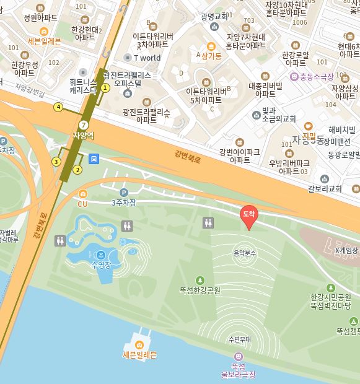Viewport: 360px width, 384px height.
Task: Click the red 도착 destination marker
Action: tap(248, 215)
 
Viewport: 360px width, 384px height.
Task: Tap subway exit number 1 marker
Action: tap(105, 88)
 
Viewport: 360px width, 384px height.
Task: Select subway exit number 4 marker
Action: tap(58, 107)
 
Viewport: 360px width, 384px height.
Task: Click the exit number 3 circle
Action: tap(56, 162)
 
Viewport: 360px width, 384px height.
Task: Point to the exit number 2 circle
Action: tap(77, 170)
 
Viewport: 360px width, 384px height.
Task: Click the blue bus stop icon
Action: tap(94, 159)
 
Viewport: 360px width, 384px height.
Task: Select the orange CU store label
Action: tap(82, 203)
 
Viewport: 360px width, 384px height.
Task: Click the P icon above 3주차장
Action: tap(123, 193)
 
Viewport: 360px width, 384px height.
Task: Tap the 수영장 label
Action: tap(100, 264)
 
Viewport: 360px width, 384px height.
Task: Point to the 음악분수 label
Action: tap(244, 253)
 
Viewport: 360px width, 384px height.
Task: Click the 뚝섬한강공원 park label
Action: tap(200, 289)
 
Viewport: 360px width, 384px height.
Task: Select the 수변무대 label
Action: tap(239, 339)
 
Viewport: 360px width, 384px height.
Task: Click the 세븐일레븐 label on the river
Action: tap(139, 354)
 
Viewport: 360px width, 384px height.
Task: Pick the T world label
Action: tap(147, 58)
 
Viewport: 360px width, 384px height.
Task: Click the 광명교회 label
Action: tap(214, 17)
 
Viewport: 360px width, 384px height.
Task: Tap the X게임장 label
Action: tap(346, 250)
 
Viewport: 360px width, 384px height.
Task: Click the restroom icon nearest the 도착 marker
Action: tap(208, 222)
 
